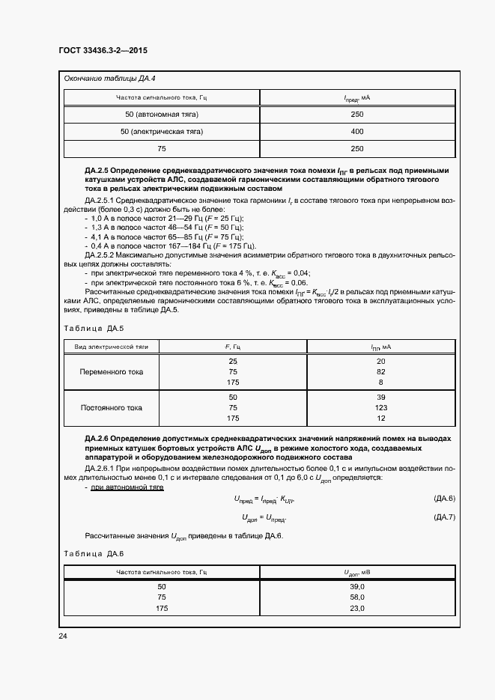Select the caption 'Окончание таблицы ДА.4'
click(109, 79)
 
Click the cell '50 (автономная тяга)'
click(161, 114)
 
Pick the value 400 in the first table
click(356, 131)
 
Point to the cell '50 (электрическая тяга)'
click(161, 131)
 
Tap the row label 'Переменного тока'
click(112, 371)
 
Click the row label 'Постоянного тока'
click(112, 408)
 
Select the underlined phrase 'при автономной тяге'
click(127, 487)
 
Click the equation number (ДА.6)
click(444, 499)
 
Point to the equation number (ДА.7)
click(444, 517)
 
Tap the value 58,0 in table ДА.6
click(356, 598)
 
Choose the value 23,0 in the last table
click(356, 609)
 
